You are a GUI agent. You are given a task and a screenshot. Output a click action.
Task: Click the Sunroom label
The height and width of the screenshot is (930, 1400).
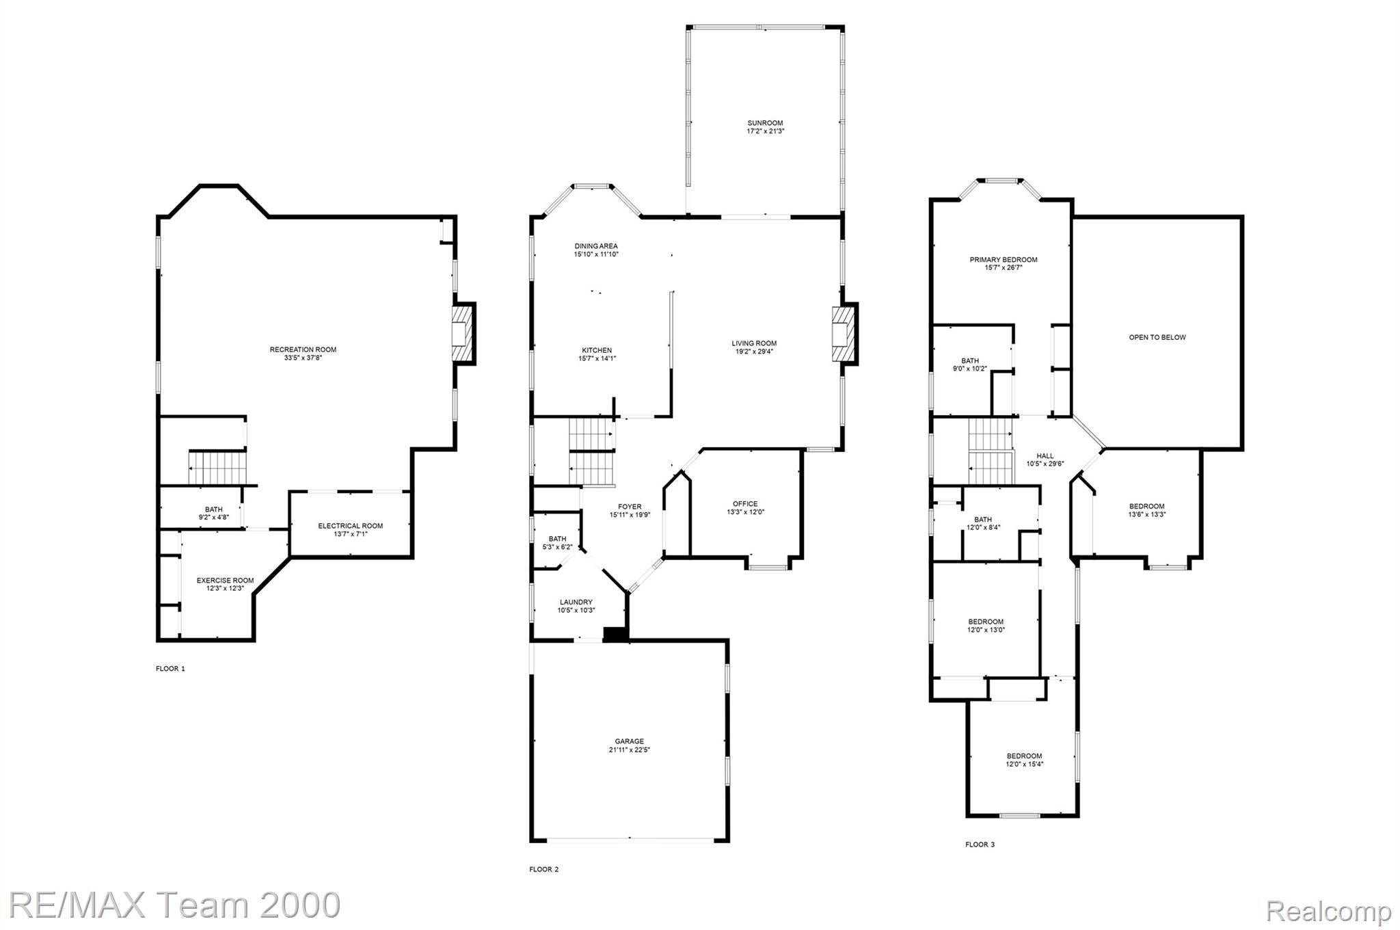coord(765,123)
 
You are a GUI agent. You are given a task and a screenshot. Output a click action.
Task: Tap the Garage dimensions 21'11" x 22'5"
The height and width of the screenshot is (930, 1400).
coord(629,749)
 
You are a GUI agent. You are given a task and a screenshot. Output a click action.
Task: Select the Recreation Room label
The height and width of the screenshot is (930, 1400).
coord(303,349)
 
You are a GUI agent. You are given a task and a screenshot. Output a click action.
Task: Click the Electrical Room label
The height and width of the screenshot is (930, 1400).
coord(350,526)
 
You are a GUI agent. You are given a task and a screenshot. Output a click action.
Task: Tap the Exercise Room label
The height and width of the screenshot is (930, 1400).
coord(225,581)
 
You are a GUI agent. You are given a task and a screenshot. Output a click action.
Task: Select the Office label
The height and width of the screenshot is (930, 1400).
coord(745,504)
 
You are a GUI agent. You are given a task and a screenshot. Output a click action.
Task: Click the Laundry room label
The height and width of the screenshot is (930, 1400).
coord(576,602)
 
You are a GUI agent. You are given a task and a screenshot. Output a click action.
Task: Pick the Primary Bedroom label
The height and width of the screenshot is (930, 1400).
coord(1003,260)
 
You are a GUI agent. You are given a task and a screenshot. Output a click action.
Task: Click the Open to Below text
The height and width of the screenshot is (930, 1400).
coord(1157,337)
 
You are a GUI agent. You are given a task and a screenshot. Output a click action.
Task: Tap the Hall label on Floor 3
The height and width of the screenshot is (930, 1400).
coord(1045,456)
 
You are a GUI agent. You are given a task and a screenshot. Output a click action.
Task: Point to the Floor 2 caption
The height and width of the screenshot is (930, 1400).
coord(543,869)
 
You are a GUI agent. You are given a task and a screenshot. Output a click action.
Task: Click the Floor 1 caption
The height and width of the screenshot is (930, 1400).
coord(170,669)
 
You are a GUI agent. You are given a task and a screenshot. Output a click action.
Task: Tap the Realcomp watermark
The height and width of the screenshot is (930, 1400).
coord(1328,911)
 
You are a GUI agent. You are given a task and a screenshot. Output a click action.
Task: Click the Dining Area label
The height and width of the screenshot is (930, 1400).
coord(595,246)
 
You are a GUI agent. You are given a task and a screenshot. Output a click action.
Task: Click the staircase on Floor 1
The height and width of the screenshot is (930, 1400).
coord(217,468)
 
